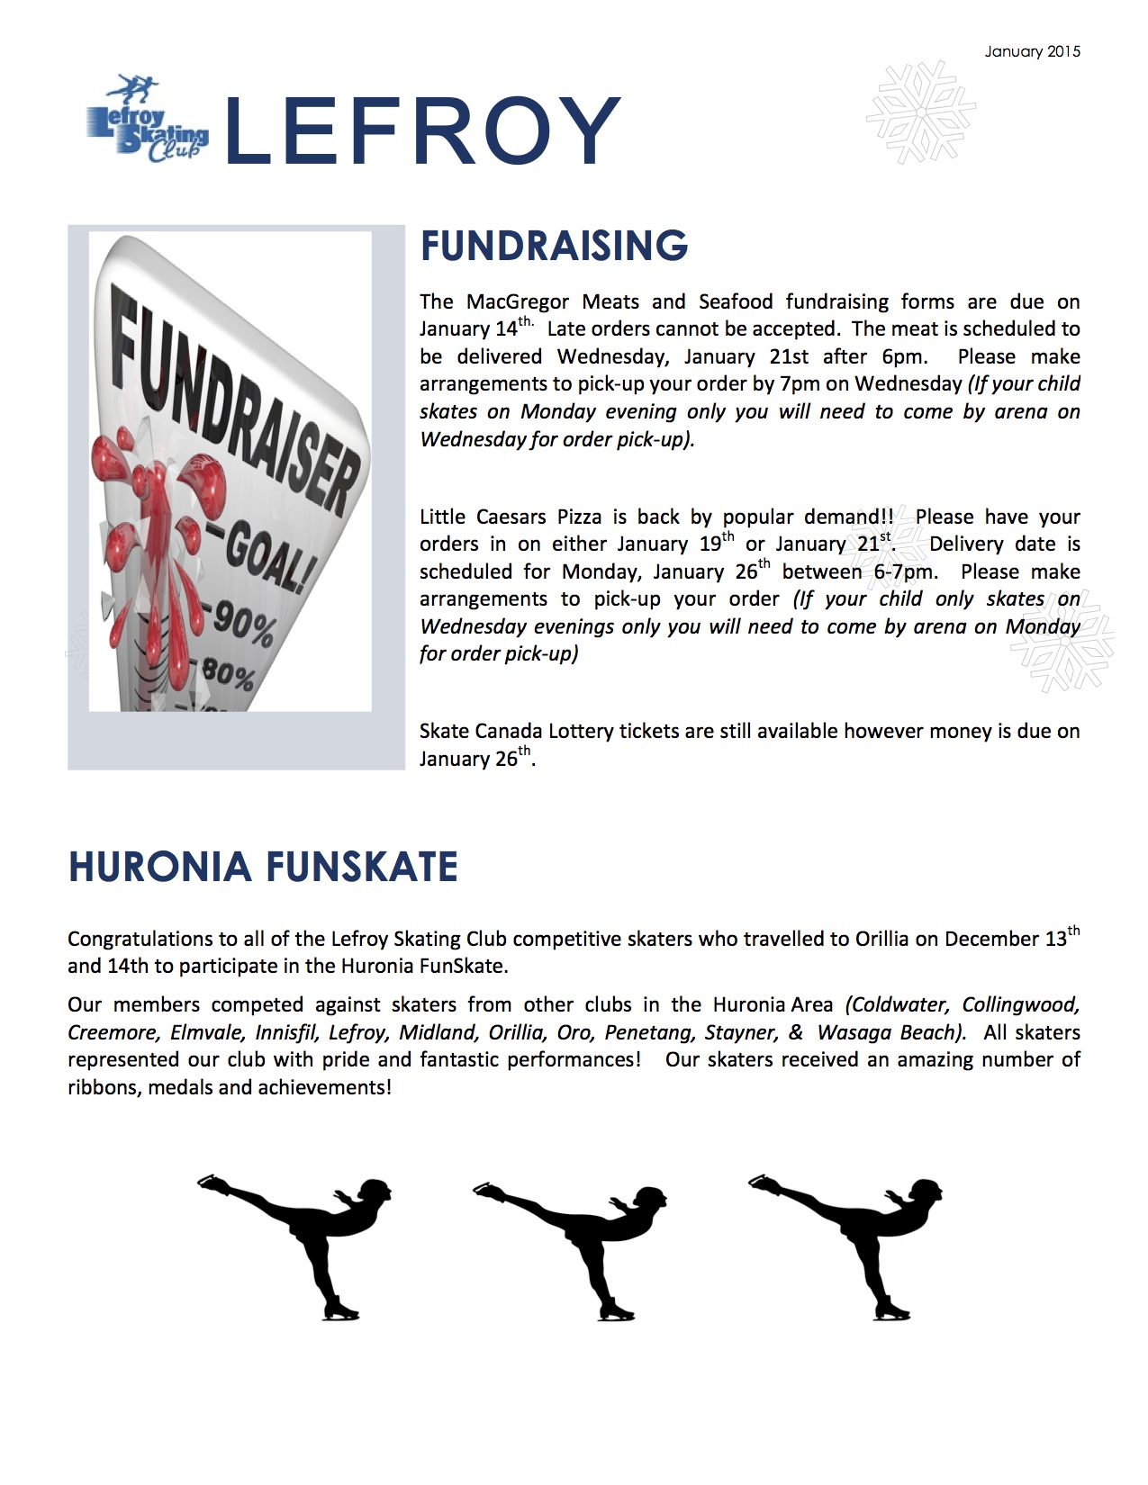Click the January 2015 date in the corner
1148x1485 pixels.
1032,51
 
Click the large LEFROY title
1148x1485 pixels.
421,132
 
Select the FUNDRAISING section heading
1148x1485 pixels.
554,246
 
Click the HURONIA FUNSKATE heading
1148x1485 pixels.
263,867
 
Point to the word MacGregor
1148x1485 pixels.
518,301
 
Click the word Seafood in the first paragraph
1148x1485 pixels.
736,301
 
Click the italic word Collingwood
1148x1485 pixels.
1020,1004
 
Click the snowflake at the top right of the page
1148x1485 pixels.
920,113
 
